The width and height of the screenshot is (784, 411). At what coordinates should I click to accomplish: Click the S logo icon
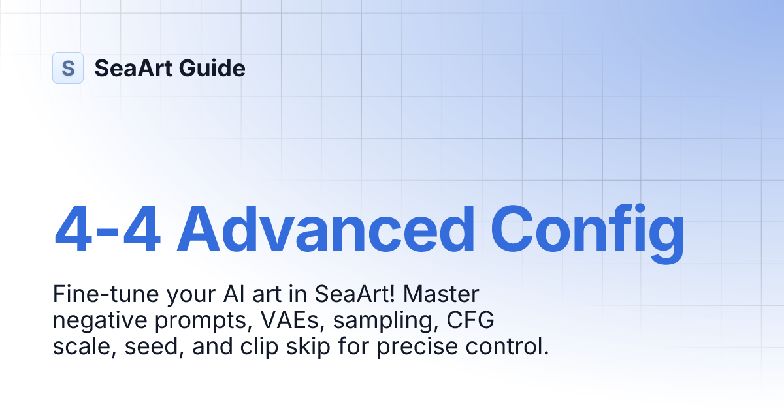(x=68, y=68)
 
